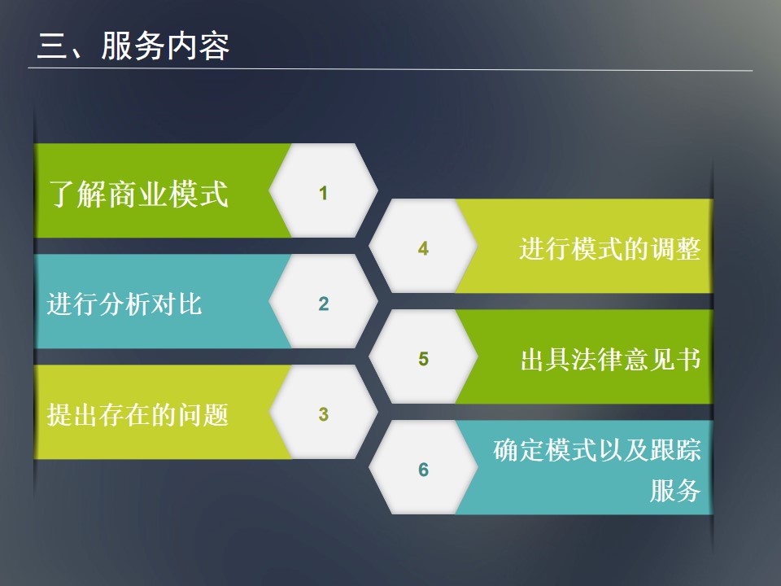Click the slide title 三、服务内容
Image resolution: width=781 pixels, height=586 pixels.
coord(133,46)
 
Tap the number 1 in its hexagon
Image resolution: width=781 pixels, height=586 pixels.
coord(323,193)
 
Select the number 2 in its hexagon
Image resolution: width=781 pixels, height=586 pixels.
coord(324,304)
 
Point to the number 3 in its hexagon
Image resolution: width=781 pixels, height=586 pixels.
coord(324,414)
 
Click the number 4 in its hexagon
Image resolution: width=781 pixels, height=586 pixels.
coord(423,248)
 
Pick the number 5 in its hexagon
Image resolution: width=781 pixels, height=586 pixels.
coord(423,359)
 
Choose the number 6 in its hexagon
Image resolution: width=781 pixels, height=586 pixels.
coord(423,470)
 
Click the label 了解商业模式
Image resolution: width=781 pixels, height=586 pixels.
coord(138,194)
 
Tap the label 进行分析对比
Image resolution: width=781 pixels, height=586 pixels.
coord(124,304)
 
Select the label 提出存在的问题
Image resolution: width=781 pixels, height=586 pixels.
coord(137,414)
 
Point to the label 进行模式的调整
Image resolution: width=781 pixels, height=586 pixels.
coord(609,249)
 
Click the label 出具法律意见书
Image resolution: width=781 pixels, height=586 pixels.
coord(611,359)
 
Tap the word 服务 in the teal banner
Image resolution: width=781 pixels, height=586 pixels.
coord(675,491)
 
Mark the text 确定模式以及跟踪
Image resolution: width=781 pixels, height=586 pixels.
coord(597,450)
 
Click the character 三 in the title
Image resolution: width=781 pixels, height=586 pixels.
coord(52,46)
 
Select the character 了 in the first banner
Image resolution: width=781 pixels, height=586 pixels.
coord(62,194)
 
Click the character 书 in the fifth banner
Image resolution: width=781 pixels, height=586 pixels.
coord(688,359)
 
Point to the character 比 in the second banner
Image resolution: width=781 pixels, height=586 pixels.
coord(190,304)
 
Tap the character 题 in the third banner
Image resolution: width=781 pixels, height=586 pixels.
coord(216,414)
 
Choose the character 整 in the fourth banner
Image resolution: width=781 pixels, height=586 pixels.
coord(688,249)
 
